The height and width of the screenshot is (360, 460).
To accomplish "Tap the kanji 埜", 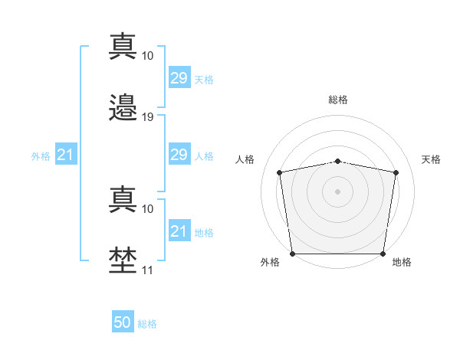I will click(123, 260).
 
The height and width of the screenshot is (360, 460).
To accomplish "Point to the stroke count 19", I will click(148, 117).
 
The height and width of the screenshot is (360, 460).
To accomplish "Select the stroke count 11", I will click(148, 270).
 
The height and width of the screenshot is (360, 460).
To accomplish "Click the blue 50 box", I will click(123, 323).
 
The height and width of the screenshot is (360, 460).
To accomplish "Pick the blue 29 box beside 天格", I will click(179, 79).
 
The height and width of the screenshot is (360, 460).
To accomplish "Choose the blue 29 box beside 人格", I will click(179, 155).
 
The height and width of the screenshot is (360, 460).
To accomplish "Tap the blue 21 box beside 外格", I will click(66, 155).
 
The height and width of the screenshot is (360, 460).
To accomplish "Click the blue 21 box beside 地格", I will click(179, 231).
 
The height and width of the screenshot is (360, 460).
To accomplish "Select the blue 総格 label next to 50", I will click(147, 324).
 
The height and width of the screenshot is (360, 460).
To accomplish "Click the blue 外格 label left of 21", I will click(41, 156).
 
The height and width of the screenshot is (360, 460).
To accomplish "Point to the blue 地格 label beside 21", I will click(204, 232).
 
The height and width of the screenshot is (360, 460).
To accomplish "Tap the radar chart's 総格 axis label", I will click(338, 100).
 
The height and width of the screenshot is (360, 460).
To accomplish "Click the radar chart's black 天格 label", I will click(431, 159).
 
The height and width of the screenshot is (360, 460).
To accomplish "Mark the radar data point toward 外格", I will click(292, 254).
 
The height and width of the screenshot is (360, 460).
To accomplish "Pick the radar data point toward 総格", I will click(338, 161).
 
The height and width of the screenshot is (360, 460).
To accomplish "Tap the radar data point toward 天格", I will click(396, 172).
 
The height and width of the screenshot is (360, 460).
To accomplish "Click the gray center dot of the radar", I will click(338, 191).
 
